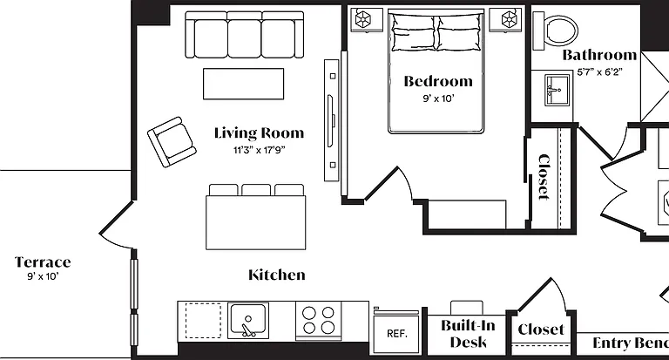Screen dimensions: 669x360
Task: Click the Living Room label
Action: point(259,133)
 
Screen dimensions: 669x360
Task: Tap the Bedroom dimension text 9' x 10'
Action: point(439,98)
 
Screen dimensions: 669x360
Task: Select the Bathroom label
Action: point(599,55)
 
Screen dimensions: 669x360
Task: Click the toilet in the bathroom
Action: point(555,30)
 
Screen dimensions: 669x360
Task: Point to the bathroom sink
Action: point(557,90)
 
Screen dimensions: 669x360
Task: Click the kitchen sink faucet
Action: point(247,328)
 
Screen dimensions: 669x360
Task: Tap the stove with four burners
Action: point(318,320)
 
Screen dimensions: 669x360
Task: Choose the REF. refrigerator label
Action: point(397,334)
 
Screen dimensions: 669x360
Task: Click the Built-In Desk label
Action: point(468,334)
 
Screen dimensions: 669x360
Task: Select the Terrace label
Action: point(43,262)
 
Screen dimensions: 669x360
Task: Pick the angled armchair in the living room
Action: point(172,142)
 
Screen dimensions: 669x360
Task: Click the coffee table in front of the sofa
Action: point(243,84)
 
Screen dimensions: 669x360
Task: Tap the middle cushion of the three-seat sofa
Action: point(245,38)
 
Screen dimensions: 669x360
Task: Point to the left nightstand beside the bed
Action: point(364,19)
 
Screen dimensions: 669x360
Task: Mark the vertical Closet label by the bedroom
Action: point(544,177)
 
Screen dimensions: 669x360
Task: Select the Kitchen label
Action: point(277,275)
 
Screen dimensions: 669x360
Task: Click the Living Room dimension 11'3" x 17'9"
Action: point(260,150)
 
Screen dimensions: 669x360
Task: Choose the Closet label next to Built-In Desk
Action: point(541,329)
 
